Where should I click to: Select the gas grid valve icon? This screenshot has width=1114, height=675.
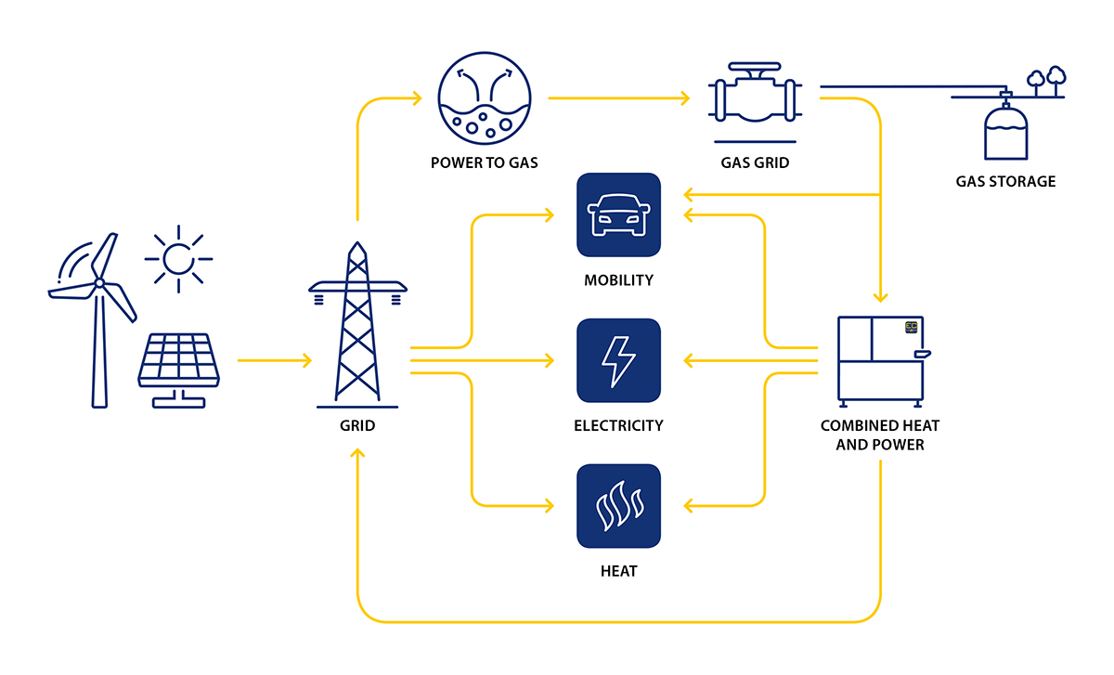pyautogui.click(x=755, y=97)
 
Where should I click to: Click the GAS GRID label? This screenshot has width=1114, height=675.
pyautogui.click(x=755, y=163)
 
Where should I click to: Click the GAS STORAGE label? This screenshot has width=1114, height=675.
pyautogui.click(x=1005, y=182)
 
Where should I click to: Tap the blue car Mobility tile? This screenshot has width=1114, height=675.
pyautogui.click(x=618, y=214)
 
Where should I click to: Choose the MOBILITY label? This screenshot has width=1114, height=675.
pyautogui.click(x=618, y=280)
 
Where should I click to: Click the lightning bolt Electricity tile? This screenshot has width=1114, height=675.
pyautogui.click(x=618, y=360)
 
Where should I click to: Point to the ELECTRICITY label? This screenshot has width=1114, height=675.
pyautogui.click(x=618, y=426)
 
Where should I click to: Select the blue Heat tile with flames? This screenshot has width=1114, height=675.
pyautogui.click(x=618, y=506)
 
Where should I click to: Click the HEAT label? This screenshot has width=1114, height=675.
pyautogui.click(x=618, y=571)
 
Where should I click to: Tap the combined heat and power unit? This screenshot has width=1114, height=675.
pyautogui.click(x=882, y=359)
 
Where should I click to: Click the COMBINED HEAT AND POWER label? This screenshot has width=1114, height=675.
pyautogui.click(x=879, y=435)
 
